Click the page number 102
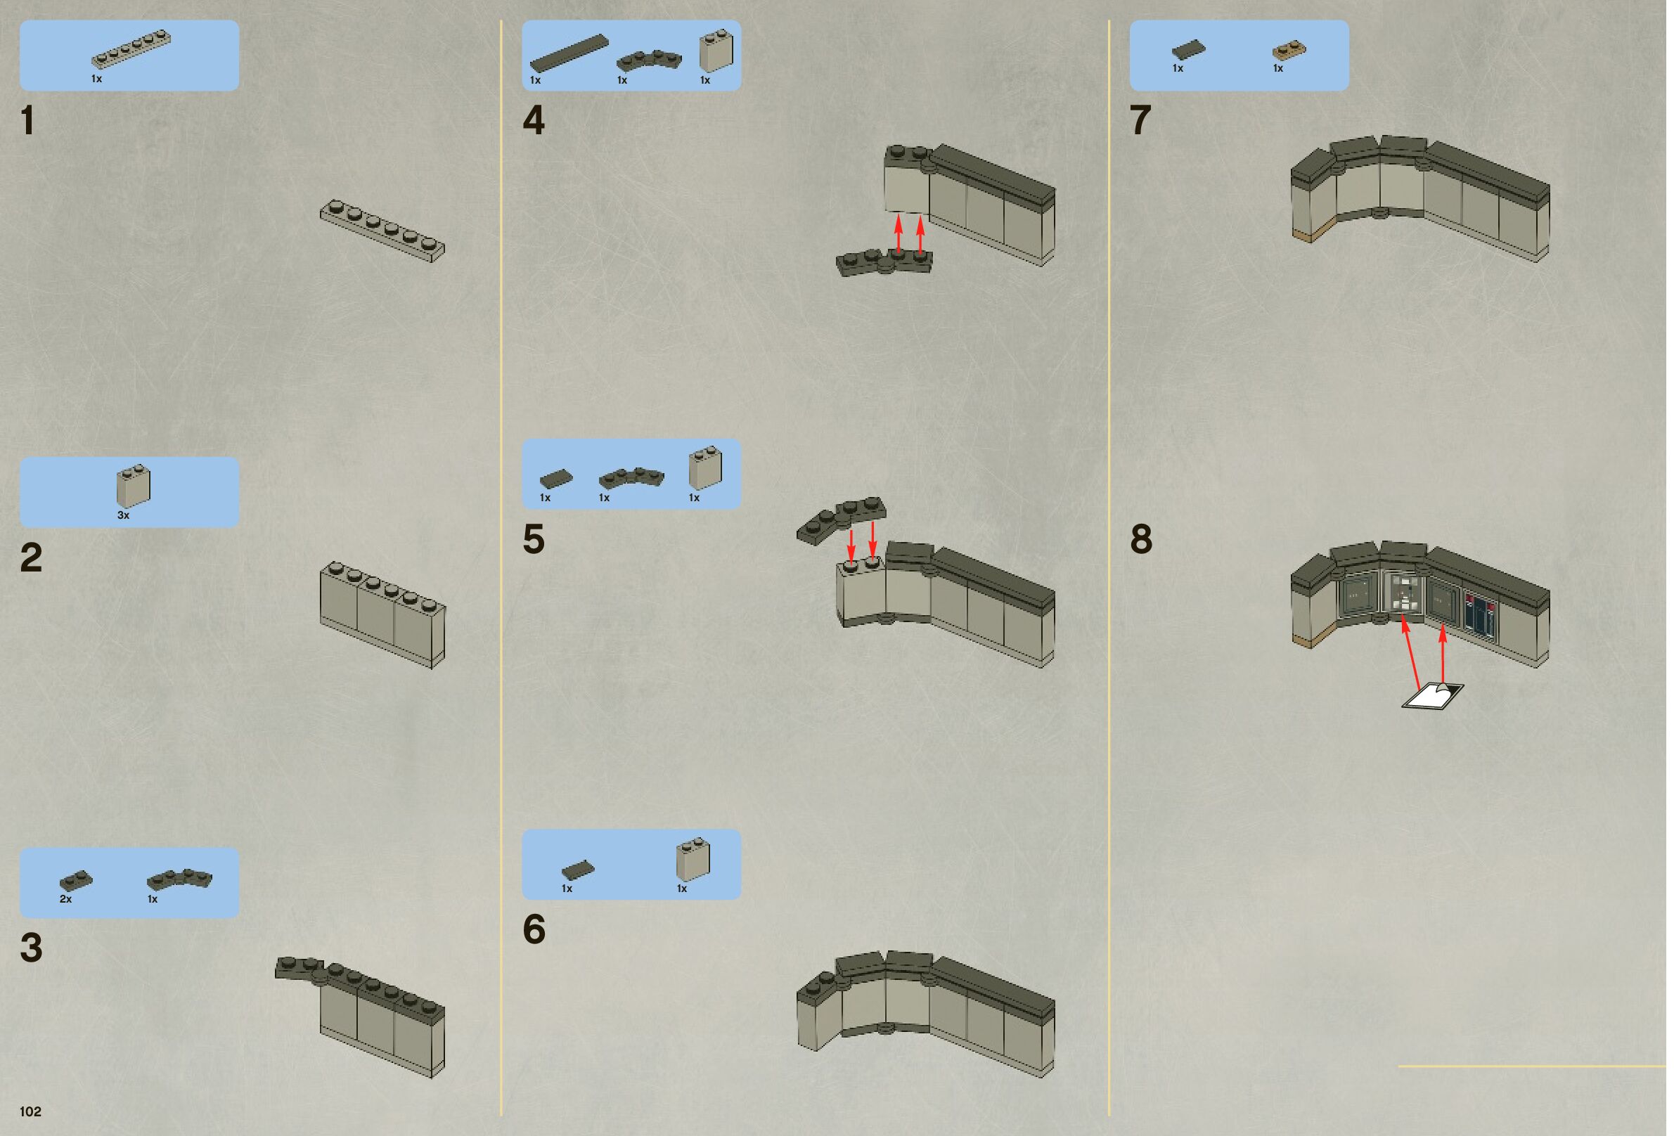[x=30, y=1111]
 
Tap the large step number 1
[x=28, y=120]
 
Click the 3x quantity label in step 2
[x=123, y=516]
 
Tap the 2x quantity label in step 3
[x=65, y=899]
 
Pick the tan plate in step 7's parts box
[x=1289, y=50]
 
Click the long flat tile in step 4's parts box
[x=569, y=53]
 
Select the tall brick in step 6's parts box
[x=693, y=858]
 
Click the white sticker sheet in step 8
[x=1433, y=696]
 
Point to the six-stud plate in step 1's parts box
[x=131, y=49]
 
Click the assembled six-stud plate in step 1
[x=382, y=231]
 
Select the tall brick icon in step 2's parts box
[x=134, y=486]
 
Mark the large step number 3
[x=31, y=948]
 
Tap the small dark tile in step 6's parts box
[x=579, y=870]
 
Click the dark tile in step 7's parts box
[x=1188, y=50]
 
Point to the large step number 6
[x=534, y=929]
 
